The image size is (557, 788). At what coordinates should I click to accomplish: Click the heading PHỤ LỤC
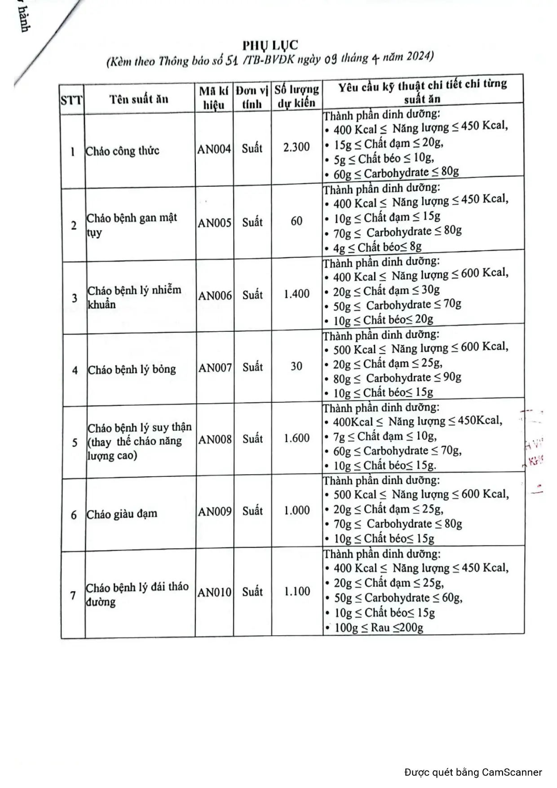(x=270, y=45)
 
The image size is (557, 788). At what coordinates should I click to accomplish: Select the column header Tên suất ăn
(x=139, y=99)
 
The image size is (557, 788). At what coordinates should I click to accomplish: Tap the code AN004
(x=214, y=149)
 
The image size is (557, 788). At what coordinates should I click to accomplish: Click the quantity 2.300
(x=296, y=147)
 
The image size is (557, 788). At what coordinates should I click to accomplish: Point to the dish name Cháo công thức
(x=123, y=151)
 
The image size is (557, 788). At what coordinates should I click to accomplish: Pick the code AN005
(x=215, y=223)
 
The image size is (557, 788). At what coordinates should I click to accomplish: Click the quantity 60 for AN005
(x=296, y=221)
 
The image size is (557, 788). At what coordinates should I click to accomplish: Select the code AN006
(x=215, y=295)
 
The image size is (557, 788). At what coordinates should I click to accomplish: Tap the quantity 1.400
(x=296, y=294)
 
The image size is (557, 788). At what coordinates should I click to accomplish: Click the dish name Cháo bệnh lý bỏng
(x=132, y=370)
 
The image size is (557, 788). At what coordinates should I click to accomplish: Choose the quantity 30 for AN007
(x=296, y=366)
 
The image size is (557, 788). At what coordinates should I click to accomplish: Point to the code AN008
(x=215, y=439)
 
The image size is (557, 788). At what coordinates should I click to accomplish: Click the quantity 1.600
(x=296, y=438)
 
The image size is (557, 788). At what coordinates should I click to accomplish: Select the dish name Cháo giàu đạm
(x=122, y=514)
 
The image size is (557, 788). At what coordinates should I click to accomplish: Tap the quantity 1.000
(x=297, y=511)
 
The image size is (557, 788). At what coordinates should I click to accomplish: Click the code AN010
(x=214, y=593)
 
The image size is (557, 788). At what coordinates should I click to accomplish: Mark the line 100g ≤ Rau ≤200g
(x=378, y=627)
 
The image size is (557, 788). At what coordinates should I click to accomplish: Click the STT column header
(x=72, y=100)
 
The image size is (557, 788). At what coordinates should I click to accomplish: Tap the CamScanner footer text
(x=473, y=772)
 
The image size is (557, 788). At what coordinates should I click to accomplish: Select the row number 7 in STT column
(x=73, y=595)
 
